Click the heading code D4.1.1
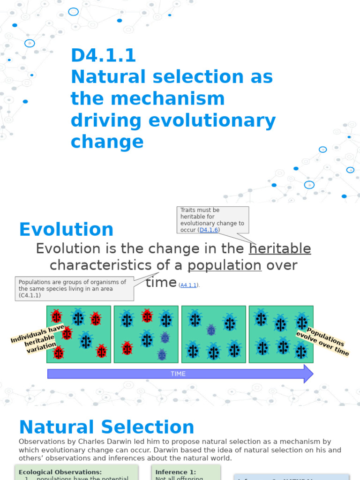(103, 56)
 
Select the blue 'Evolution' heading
(66, 230)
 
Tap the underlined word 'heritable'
(280, 248)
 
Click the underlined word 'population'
(225, 265)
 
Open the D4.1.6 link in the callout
(209, 230)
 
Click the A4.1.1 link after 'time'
(189, 285)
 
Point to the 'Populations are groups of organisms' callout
(74, 289)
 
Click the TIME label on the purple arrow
(178, 374)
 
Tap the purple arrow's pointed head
(307, 374)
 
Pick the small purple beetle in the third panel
(211, 330)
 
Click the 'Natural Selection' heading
(106, 427)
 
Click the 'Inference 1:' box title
(176, 472)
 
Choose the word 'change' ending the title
(107, 142)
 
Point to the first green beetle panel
(79, 334)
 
